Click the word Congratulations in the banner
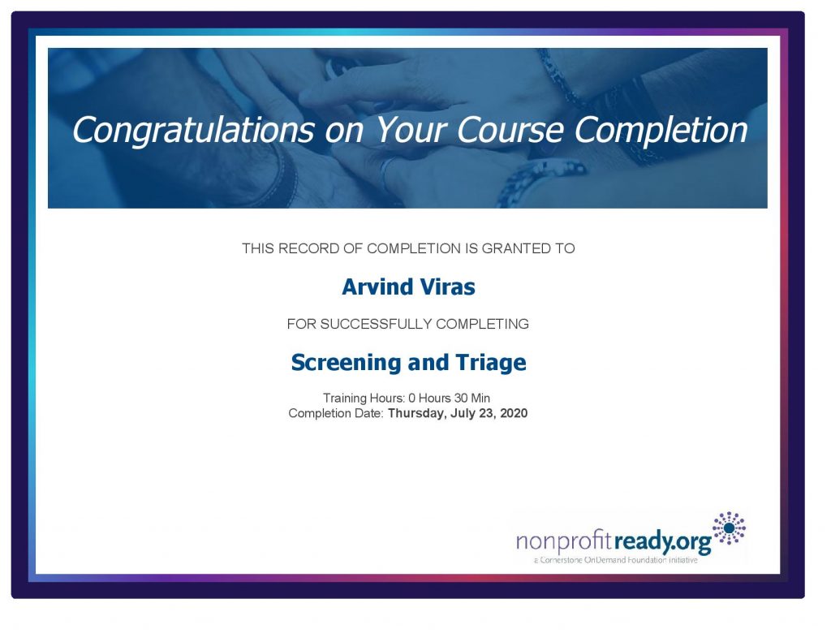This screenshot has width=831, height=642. [193, 131]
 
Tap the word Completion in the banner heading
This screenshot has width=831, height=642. [661, 131]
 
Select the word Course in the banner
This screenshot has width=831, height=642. [510, 130]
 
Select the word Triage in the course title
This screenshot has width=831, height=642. [491, 363]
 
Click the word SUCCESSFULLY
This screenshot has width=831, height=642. [376, 324]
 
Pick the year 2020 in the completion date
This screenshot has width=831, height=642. [514, 413]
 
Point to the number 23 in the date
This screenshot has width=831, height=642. [487, 413]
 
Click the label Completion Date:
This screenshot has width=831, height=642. [336, 413]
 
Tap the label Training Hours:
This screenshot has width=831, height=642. [364, 399]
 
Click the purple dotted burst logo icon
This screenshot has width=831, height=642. [729, 528]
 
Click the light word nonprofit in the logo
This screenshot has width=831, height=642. [565, 542]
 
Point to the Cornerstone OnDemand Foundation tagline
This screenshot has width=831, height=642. [615, 560]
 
